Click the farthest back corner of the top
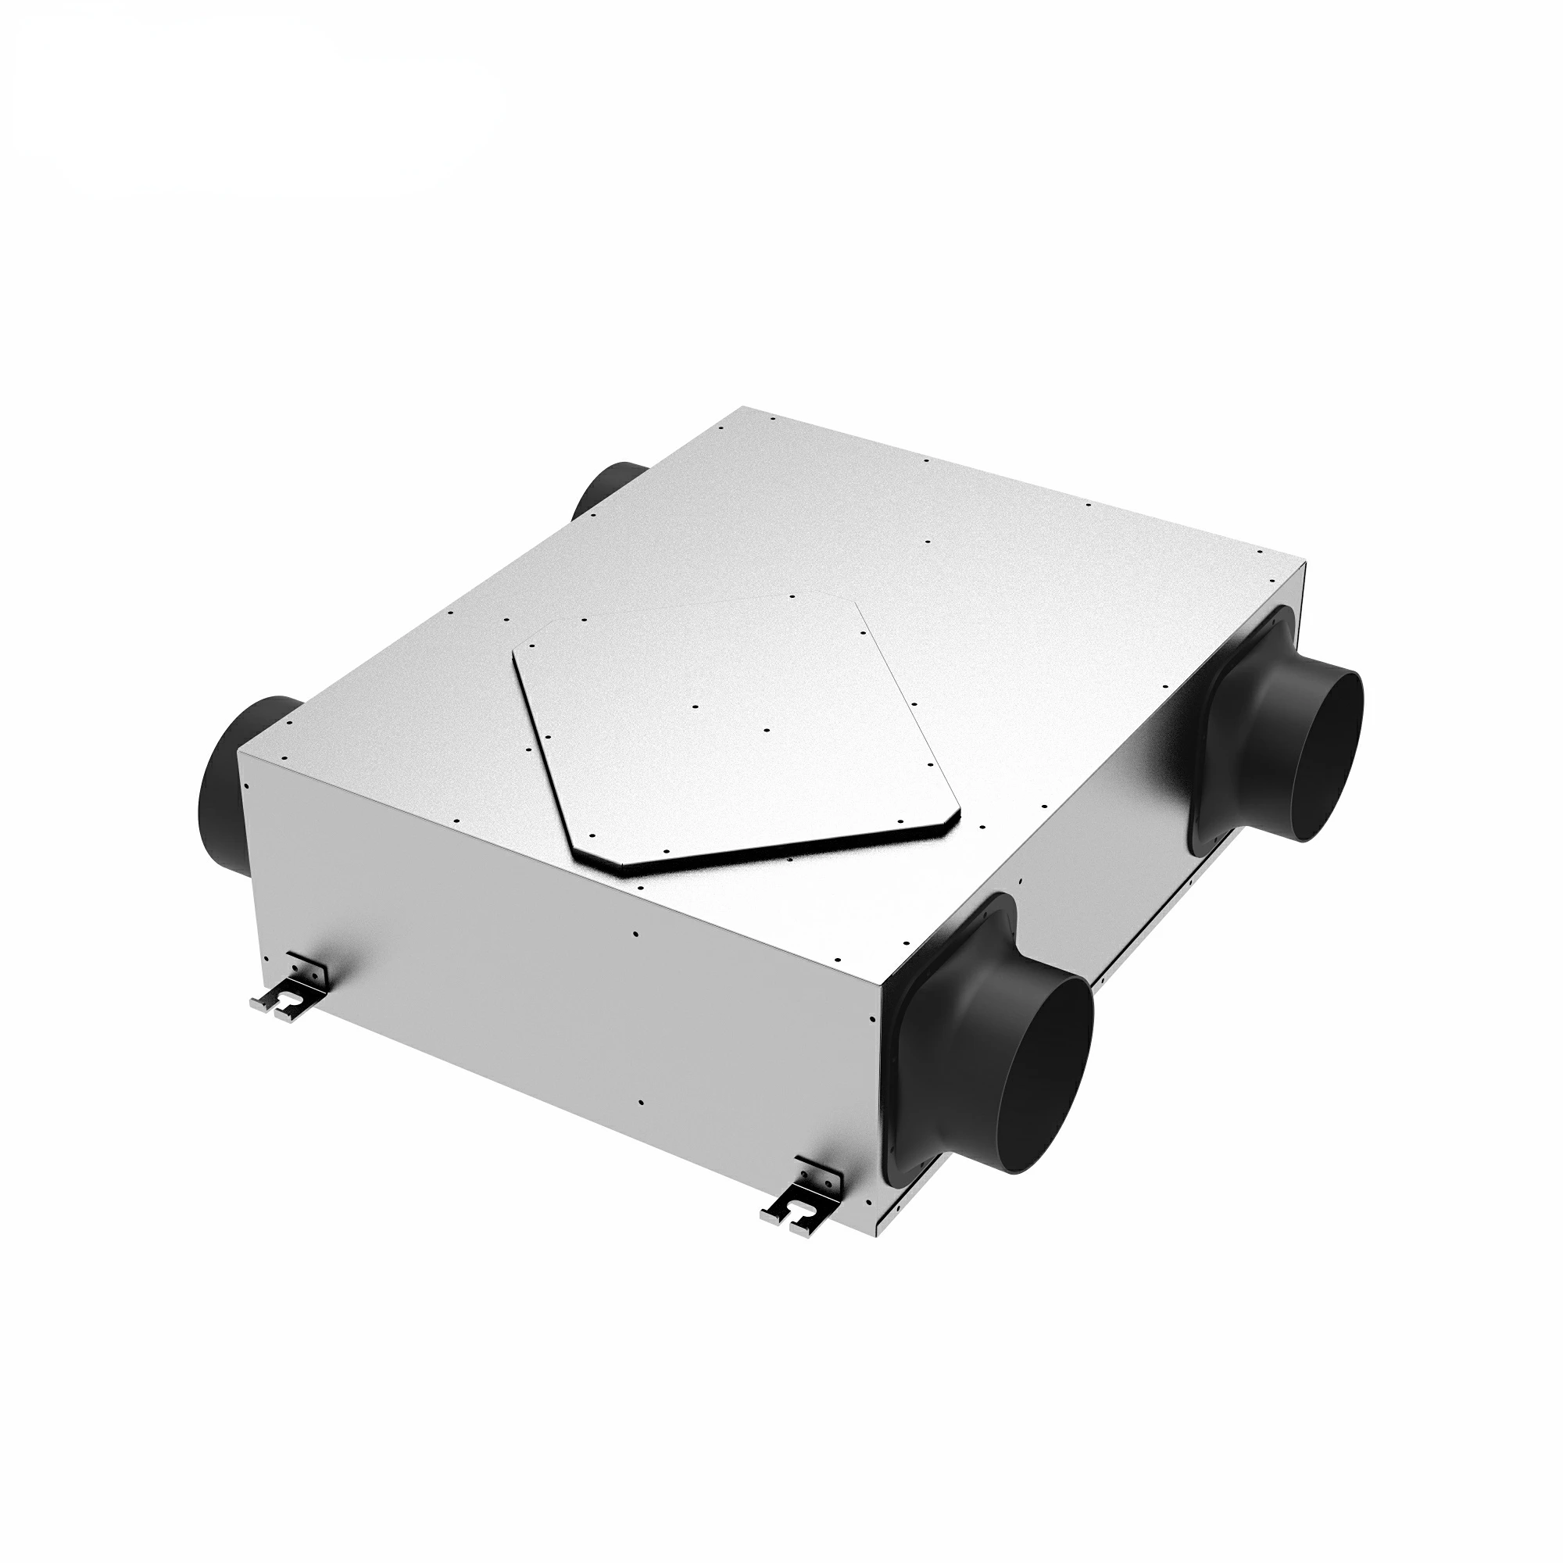749,408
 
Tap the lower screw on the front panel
641,1103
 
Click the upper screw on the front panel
636,933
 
